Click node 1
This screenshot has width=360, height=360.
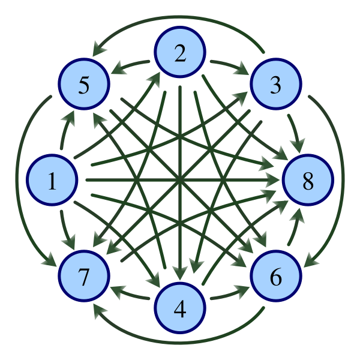click(x=52, y=180)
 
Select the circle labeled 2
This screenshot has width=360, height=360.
click(x=180, y=53)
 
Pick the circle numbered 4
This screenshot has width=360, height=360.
click(x=180, y=308)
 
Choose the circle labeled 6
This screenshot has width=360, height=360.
click(x=275, y=277)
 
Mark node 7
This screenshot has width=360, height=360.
click(x=84, y=277)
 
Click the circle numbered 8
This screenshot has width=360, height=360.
click(x=308, y=180)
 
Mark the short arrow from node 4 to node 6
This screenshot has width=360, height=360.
click(x=229, y=295)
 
